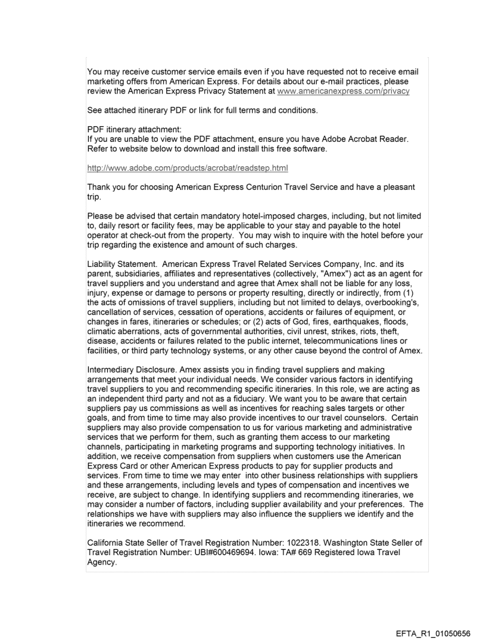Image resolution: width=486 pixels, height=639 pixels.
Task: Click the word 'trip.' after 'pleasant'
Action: point(95,197)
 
